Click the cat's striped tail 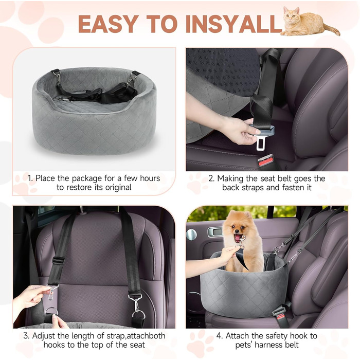pyautogui.click(x=332, y=29)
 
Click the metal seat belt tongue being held pyautogui.click(x=260, y=142)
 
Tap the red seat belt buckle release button pyautogui.click(x=266, y=161)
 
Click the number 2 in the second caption pyautogui.click(x=211, y=178)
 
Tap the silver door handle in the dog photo pyautogui.click(x=215, y=232)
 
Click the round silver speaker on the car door pyautogui.click(x=191, y=235)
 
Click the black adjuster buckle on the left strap pyautogui.click(x=58, y=261)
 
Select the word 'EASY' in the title pyautogui.click(x=109, y=24)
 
